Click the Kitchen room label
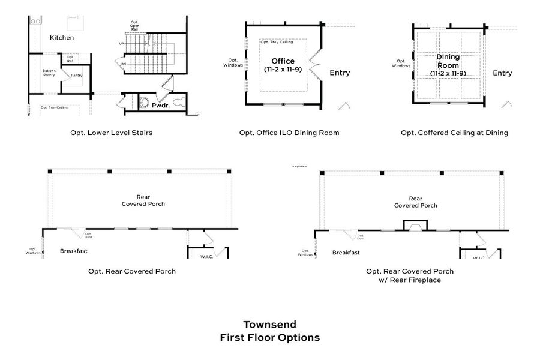[x=62, y=38]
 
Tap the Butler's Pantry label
[x=49, y=73]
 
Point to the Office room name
[x=283, y=61]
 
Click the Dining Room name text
[x=448, y=62]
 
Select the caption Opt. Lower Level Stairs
[x=111, y=133]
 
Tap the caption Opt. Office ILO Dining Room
[x=289, y=133]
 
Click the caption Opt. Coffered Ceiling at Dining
[x=454, y=133]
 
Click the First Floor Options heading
[x=269, y=337]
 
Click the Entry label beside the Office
[x=340, y=73]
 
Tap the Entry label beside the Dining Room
[x=502, y=73]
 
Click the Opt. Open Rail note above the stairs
[x=134, y=25]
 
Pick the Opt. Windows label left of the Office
[x=235, y=62]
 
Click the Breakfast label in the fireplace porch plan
[x=346, y=253]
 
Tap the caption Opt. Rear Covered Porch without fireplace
[x=132, y=271]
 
